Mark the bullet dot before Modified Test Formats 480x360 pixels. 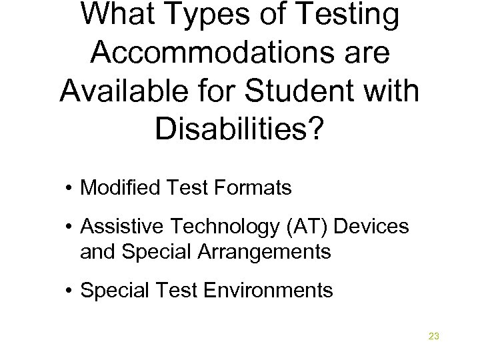click(70, 189)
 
